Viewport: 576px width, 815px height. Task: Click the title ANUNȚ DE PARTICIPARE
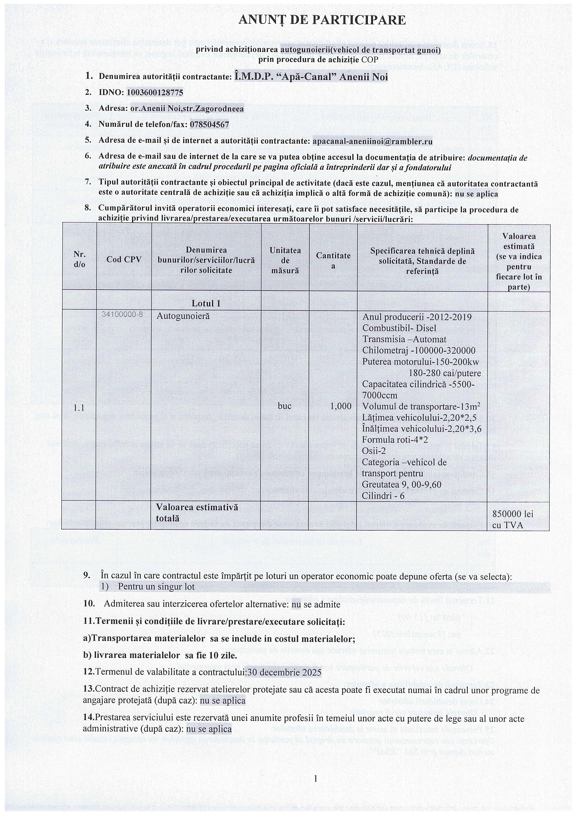[322, 20]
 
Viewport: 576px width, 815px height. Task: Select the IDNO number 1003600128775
[155, 93]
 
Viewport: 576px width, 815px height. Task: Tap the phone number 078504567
[209, 125]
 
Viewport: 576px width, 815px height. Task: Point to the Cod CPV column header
[124, 260]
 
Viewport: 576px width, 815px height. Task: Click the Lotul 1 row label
[206, 303]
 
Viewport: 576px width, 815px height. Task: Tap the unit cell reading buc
[285, 406]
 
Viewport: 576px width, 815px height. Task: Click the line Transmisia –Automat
[404, 339]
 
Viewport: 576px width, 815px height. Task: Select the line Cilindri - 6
[383, 496]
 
